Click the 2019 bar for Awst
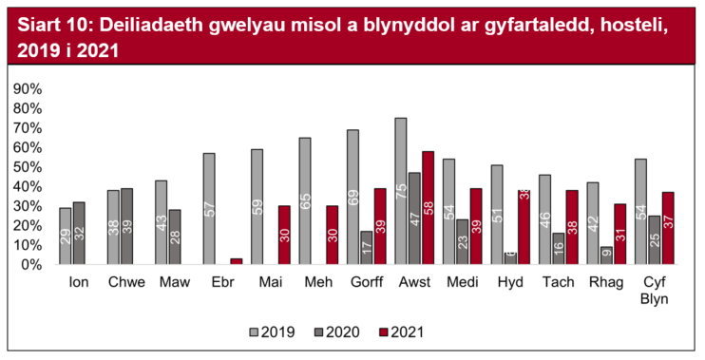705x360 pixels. click(x=401, y=191)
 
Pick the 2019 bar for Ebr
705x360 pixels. click(x=209, y=209)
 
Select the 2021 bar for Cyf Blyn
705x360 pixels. click(x=668, y=228)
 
